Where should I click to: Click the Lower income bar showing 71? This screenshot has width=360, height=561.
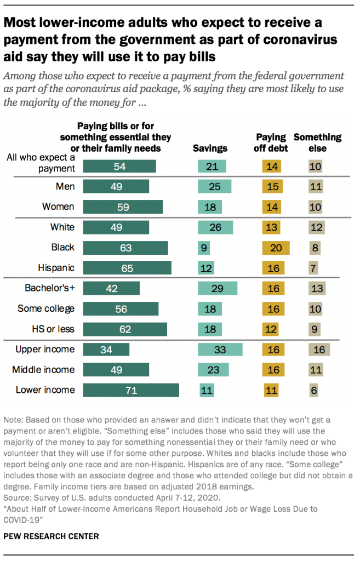click(131, 390)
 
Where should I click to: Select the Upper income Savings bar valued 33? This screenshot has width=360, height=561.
click(220, 350)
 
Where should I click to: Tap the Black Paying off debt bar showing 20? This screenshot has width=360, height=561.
click(276, 248)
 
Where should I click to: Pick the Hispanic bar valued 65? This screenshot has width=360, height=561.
click(127, 268)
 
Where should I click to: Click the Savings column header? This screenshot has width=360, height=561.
click(210, 148)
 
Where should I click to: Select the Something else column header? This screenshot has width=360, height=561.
click(317, 142)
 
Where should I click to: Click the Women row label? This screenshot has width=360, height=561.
click(58, 207)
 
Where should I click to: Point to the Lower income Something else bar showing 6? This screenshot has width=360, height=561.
click(313, 390)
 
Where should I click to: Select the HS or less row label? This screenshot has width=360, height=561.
click(53, 329)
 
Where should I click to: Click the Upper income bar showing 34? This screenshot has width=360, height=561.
click(106, 350)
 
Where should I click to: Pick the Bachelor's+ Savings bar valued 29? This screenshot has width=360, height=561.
click(218, 288)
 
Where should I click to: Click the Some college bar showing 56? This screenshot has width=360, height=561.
click(121, 308)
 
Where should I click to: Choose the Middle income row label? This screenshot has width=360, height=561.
click(43, 370)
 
